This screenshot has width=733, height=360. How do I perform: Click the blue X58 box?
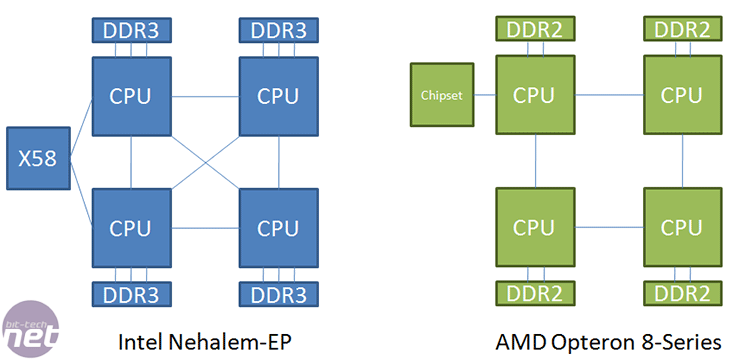tap(37, 158)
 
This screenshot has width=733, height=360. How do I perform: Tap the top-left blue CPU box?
tap(131, 96)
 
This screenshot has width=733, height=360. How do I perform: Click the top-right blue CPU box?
tap(278, 96)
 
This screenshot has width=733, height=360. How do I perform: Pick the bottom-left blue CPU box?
tap(131, 227)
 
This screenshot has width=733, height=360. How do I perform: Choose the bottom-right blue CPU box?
tap(278, 227)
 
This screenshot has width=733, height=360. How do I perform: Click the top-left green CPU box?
tap(536, 95)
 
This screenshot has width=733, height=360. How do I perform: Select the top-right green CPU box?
tap(683, 95)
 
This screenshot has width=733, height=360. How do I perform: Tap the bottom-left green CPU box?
tap(536, 227)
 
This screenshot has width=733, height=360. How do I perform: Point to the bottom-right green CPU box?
tap(683, 227)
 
